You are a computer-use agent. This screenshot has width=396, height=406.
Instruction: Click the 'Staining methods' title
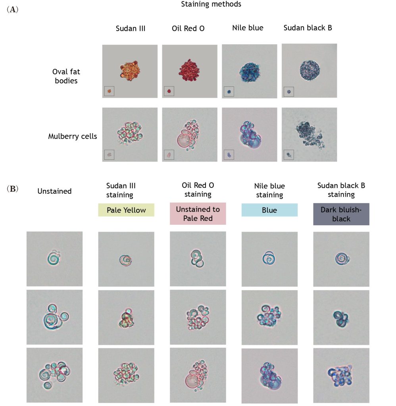click(211, 4)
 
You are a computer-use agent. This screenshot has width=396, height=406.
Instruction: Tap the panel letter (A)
click(12, 10)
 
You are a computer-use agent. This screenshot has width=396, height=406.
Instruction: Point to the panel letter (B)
click(12, 189)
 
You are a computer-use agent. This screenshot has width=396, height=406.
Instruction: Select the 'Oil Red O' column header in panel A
click(188, 28)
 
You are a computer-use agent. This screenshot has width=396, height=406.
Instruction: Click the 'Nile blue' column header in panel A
click(248, 28)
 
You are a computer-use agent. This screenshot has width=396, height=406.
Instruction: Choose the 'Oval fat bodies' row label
click(66, 76)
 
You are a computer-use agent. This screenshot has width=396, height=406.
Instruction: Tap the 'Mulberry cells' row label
click(73, 136)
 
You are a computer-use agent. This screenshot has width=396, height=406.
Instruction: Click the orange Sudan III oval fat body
click(130, 70)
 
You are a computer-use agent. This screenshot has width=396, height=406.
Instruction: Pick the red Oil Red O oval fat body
click(189, 70)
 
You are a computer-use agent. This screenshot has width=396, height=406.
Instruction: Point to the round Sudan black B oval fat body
click(310, 70)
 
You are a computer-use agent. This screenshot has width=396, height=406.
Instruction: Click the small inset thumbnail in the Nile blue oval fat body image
click(229, 92)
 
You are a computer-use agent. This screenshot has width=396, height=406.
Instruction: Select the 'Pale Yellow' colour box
click(126, 210)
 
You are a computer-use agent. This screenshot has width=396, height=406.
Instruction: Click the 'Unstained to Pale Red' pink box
click(198, 214)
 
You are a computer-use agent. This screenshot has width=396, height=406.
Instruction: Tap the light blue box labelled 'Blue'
click(269, 210)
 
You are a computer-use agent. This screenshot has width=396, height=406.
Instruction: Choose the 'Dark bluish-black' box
click(341, 214)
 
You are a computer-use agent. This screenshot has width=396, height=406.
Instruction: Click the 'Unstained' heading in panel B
click(54, 191)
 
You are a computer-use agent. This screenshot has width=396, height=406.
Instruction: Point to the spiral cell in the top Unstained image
click(54, 258)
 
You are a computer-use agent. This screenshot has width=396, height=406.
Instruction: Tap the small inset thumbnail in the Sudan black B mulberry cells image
click(289, 155)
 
